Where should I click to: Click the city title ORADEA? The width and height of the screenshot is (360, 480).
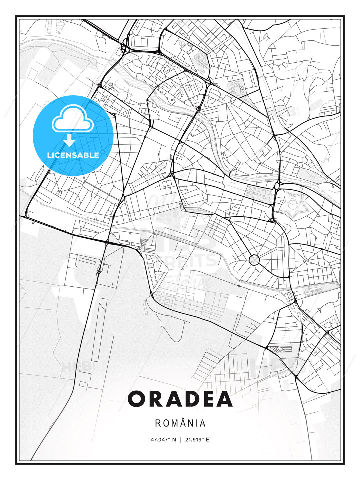click(180, 399)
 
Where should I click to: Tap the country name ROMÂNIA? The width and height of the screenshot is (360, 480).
click(180, 423)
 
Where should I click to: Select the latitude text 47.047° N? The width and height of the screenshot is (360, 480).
click(163, 440)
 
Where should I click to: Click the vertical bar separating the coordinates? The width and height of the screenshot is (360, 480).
click(180, 440)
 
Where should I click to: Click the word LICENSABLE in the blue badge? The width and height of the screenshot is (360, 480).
click(73, 155)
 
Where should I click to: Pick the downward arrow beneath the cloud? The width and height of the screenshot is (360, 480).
click(69, 140)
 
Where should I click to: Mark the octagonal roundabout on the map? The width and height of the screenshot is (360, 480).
click(254, 260)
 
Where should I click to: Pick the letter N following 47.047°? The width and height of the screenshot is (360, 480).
click(174, 440)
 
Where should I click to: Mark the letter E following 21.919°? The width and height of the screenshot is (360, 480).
click(207, 440)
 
